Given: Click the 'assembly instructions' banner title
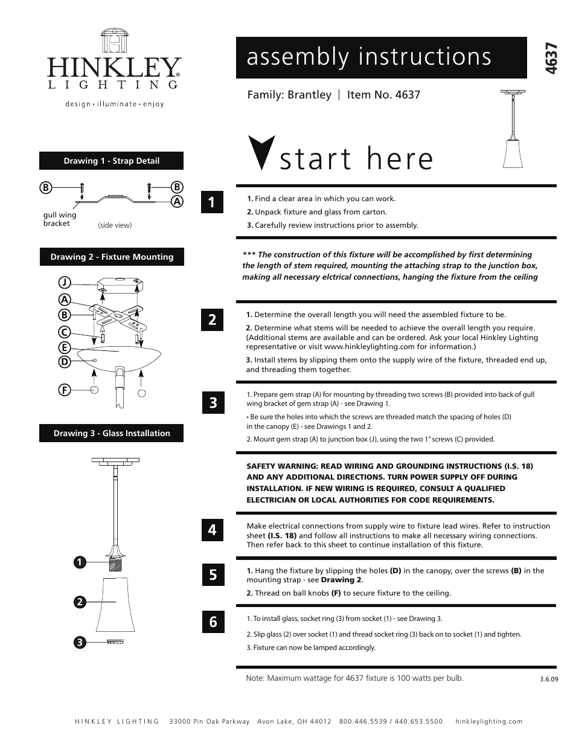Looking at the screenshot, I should [x=369, y=57].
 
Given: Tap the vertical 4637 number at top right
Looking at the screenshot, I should [x=551, y=59].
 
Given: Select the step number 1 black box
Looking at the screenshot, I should [x=212, y=202].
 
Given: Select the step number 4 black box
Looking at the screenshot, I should [x=212, y=530].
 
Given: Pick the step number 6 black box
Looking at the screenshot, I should [x=213, y=622].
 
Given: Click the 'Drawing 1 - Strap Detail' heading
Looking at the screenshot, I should [x=112, y=161].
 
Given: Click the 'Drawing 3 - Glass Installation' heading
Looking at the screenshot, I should [x=112, y=433].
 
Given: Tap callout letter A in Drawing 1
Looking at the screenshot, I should [x=178, y=201].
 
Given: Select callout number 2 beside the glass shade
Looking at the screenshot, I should [x=79, y=602].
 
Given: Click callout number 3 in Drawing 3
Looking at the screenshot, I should [x=79, y=643].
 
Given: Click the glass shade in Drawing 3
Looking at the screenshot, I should [x=117, y=604].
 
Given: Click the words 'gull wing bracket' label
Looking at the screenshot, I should [x=59, y=219].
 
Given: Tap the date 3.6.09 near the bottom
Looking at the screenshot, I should [x=549, y=678].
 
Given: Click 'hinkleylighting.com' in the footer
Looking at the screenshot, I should [x=489, y=721].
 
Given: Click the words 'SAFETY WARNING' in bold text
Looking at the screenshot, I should [x=278, y=466].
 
